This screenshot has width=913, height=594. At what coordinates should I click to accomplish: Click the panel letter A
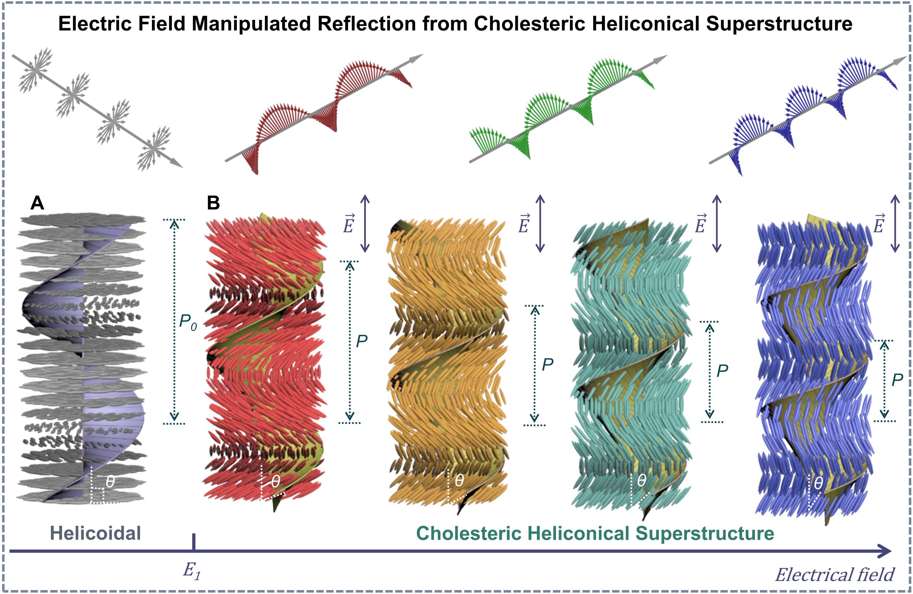pyautogui.click(x=37, y=203)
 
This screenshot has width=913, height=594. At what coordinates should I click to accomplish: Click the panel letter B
pyautogui.click(x=213, y=203)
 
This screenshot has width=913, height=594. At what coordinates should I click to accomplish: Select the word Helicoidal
pyautogui.click(x=96, y=533)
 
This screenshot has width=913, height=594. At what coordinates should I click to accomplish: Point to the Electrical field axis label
pyautogui.click(x=834, y=575)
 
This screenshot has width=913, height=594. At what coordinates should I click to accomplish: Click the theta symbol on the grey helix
pyautogui.click(x=110, y=482)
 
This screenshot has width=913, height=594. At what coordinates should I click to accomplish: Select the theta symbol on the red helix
pyautogui.click(x=275, y=482)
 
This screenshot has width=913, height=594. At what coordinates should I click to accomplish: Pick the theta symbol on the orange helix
pyautogui.click(x=459, y=480)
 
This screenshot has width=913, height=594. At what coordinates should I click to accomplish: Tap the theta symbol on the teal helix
pyautogui.click(x=641, y=480)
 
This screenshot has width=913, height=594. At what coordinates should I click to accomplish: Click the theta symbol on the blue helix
pyautogui.click(x=818, y=483)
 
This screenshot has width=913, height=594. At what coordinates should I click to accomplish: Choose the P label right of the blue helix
pyautogui.click(x=897, y=380)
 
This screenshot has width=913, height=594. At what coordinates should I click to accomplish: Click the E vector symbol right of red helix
pyautogui.click(x=348, y=224)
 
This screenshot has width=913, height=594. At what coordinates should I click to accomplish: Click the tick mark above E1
pyautogui.click(x=194, y=542)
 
